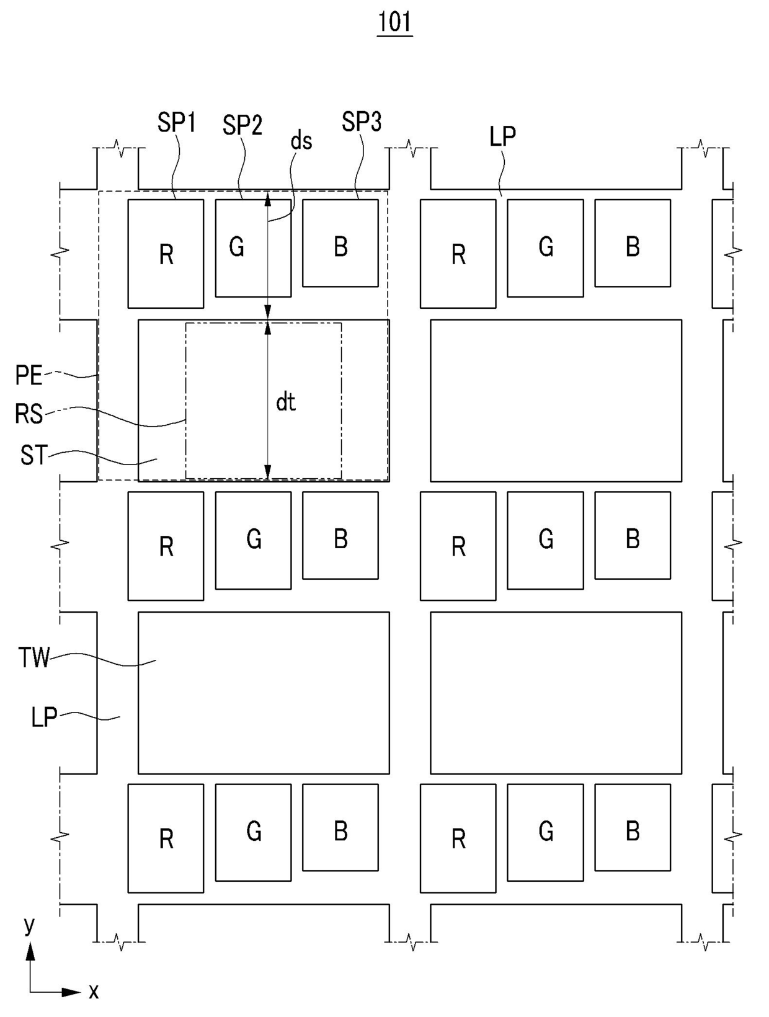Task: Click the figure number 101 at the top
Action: pos(394,22)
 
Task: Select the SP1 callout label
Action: pos(176,123)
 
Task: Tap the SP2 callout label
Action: pos(242,126)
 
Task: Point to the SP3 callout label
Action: pos(361,122)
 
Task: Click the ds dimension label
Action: pos(301,141)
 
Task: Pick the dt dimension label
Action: pos(285,403)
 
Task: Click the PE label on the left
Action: pos(29,376)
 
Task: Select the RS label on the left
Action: pos(29,414)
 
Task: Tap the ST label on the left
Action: pos(33,456)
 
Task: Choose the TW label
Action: pos(33,658)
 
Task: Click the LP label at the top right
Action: pos(502,136)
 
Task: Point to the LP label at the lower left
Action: pos(44,717)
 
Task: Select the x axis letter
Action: pos(94,992)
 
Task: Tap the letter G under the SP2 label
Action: pos(236,247)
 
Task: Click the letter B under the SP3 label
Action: pos(340,247)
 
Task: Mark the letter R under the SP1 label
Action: pos(166,254)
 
